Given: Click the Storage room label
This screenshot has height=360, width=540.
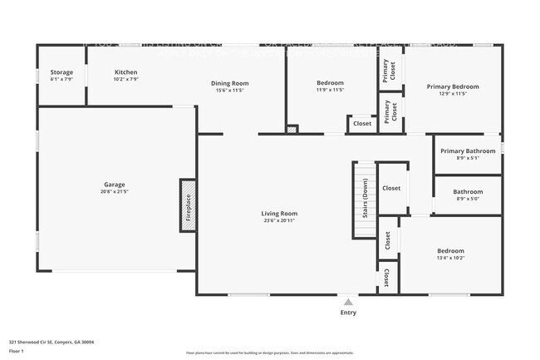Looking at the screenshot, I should [x=61, y=72].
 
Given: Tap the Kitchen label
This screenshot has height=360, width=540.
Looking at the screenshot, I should [x=125, y=72].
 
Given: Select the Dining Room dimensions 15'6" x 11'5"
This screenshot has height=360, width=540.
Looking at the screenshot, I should [x=229, y=90].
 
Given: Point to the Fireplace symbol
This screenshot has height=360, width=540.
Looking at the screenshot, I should [x=189, y=205].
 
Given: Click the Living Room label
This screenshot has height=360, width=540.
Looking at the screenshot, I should [x=279, y=214].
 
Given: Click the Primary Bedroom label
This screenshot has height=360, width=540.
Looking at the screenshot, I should [x=453, y=86].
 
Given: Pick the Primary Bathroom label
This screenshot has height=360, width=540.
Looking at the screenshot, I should [x=468, y=150].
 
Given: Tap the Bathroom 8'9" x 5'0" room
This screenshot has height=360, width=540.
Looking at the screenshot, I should [x=469, y=195].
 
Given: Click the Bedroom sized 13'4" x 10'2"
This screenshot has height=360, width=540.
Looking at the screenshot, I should [x=450, y=254].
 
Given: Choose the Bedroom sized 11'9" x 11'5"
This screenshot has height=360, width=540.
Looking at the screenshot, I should [x=330, y=86].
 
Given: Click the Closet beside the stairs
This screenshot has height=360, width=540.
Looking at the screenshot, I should [x=391, y=188].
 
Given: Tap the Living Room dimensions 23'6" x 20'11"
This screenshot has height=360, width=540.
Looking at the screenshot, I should [x=279, y=220].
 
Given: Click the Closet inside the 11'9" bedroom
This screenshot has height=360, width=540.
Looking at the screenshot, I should [x=362, y=124].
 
